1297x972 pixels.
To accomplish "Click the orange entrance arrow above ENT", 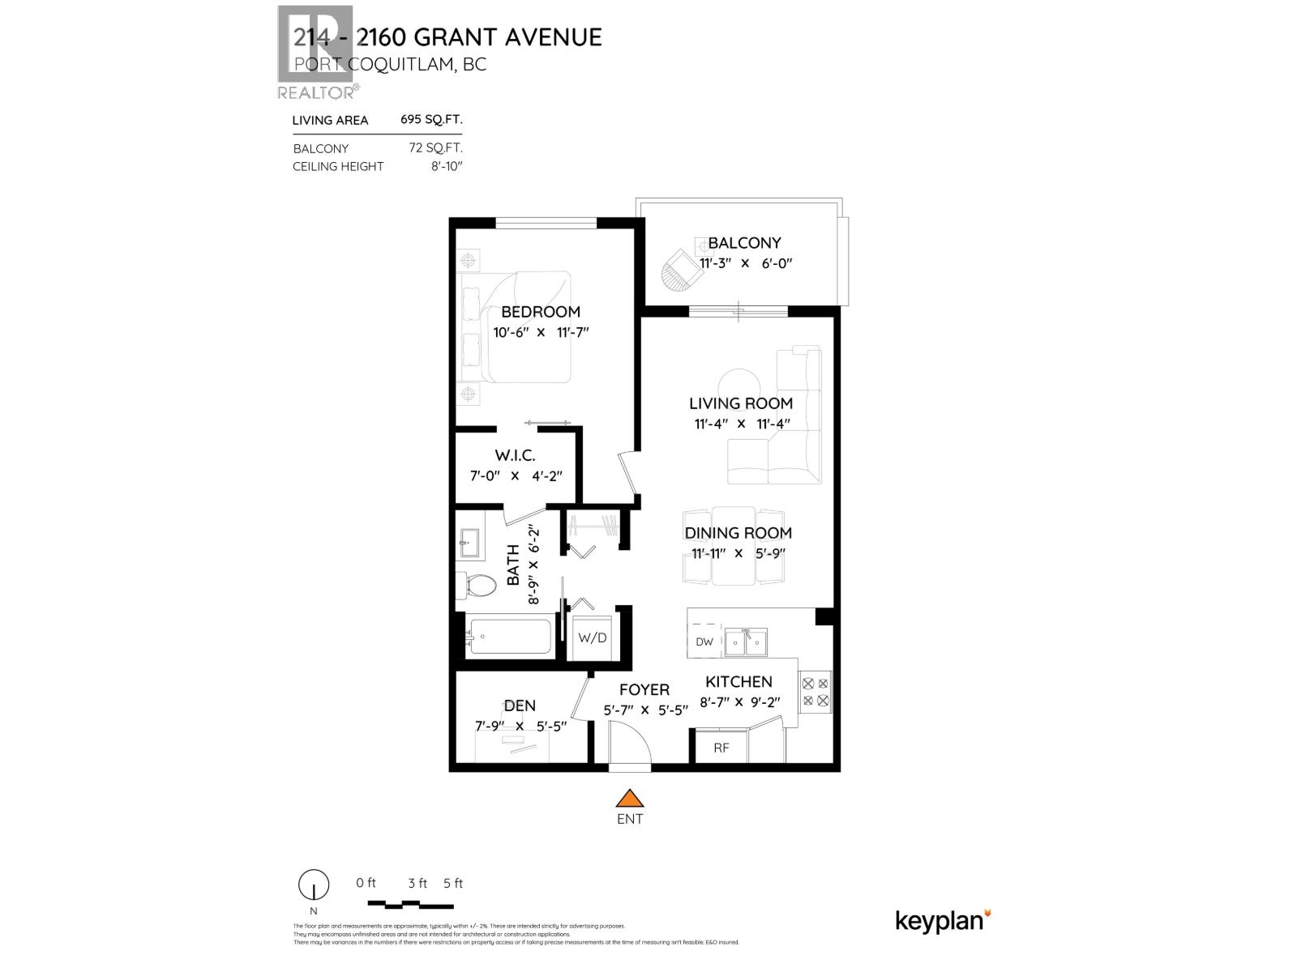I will (x=629, y=799).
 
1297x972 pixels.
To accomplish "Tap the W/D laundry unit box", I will (x=592, y=637).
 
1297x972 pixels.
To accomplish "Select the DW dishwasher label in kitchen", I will (x=704, y=642).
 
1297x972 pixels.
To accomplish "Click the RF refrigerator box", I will (x=721, y=748).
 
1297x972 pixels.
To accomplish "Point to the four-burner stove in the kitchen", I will (x=815, y=691).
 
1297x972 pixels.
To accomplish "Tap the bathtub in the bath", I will (x=509, y=636).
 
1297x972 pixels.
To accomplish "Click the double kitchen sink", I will (x=747, y=642).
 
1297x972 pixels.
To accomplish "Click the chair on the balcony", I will (x=682, y=271).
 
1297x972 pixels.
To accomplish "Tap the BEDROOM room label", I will (x=540, y=312).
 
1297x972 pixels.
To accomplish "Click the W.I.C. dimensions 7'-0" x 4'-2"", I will (x=516, y=476).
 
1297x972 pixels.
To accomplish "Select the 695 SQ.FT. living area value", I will (x=431, y=119).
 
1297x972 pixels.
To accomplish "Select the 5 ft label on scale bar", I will (x=453, y=883).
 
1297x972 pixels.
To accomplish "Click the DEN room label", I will (x=520, y=706).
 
